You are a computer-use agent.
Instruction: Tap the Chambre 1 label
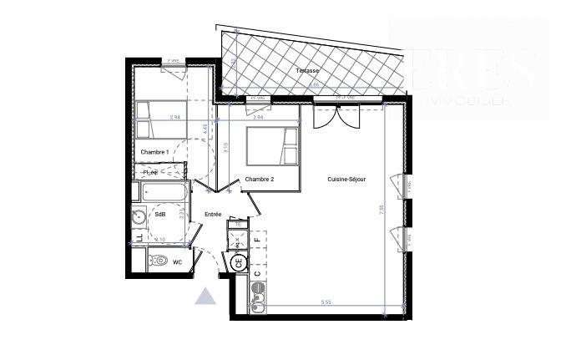coord(155,151)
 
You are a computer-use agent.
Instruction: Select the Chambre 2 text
coord(260,180)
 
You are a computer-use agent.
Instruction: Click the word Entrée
coord(212,215)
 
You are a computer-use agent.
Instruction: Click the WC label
coord(178,261)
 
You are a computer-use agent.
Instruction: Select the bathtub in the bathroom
coord(164,191)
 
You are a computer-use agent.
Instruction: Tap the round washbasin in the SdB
coord(140,219)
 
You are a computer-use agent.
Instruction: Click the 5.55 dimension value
coord(326,301)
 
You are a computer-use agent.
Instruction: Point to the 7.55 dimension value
coord(381,211)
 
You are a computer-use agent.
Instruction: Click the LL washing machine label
coord(138,241)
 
